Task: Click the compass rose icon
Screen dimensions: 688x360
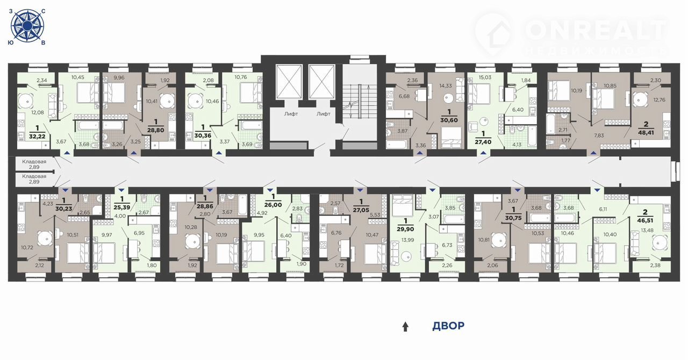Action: click(27, 25)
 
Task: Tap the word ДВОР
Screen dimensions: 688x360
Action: click(448, 326)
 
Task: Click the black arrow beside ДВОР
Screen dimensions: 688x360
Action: click(405, 327)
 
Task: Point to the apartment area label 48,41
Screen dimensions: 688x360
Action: click(646, 133)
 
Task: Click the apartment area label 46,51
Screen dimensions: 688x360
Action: click(644, 220)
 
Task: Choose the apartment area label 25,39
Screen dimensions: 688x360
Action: click(122, 207)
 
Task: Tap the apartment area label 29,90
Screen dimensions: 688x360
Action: click(405, 229)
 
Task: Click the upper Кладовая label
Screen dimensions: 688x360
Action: click(34, 162)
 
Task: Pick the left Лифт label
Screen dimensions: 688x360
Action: click(291, 114)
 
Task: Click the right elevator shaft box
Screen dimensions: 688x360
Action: click(321, 82)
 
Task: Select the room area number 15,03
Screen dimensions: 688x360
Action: click(485, 77)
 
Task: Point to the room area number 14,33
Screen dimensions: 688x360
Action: click(446, 85)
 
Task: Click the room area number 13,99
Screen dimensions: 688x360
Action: click(407, 240)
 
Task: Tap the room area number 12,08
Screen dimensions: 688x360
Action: click(38, 112)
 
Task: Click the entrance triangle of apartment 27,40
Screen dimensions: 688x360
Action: click(483, 153)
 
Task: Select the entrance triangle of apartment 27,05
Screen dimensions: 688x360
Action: click(360, 190)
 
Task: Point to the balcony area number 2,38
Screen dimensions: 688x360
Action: click(655, 265)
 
